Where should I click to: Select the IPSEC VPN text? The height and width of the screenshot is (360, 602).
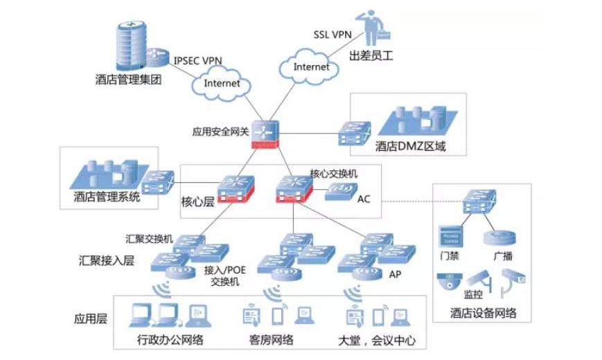tap(197, 60)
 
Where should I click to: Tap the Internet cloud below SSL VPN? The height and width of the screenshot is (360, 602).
tap(311, 67)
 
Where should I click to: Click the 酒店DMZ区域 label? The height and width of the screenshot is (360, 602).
tap(411, 146)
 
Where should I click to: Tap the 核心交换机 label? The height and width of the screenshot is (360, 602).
tap(333, 173)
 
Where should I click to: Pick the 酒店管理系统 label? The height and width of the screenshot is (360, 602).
tap(107, 197)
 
